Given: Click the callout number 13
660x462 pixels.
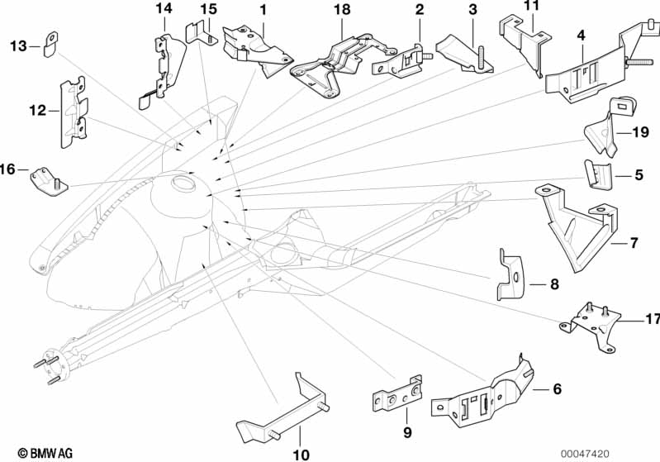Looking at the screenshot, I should click(18, 45).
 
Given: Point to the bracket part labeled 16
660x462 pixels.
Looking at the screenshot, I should click(47, 179).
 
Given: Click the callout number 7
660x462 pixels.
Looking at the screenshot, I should click(634, 243).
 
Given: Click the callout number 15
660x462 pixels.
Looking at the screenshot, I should click(208, 9).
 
